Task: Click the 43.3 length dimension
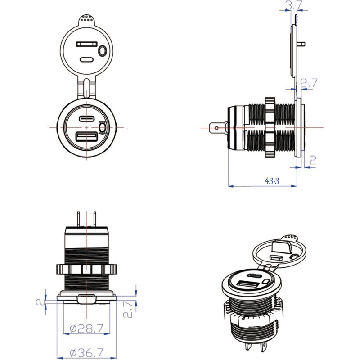272,181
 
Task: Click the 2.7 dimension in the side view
310,83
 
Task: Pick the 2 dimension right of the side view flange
314,160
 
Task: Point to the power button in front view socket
103,129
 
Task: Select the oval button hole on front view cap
103,51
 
